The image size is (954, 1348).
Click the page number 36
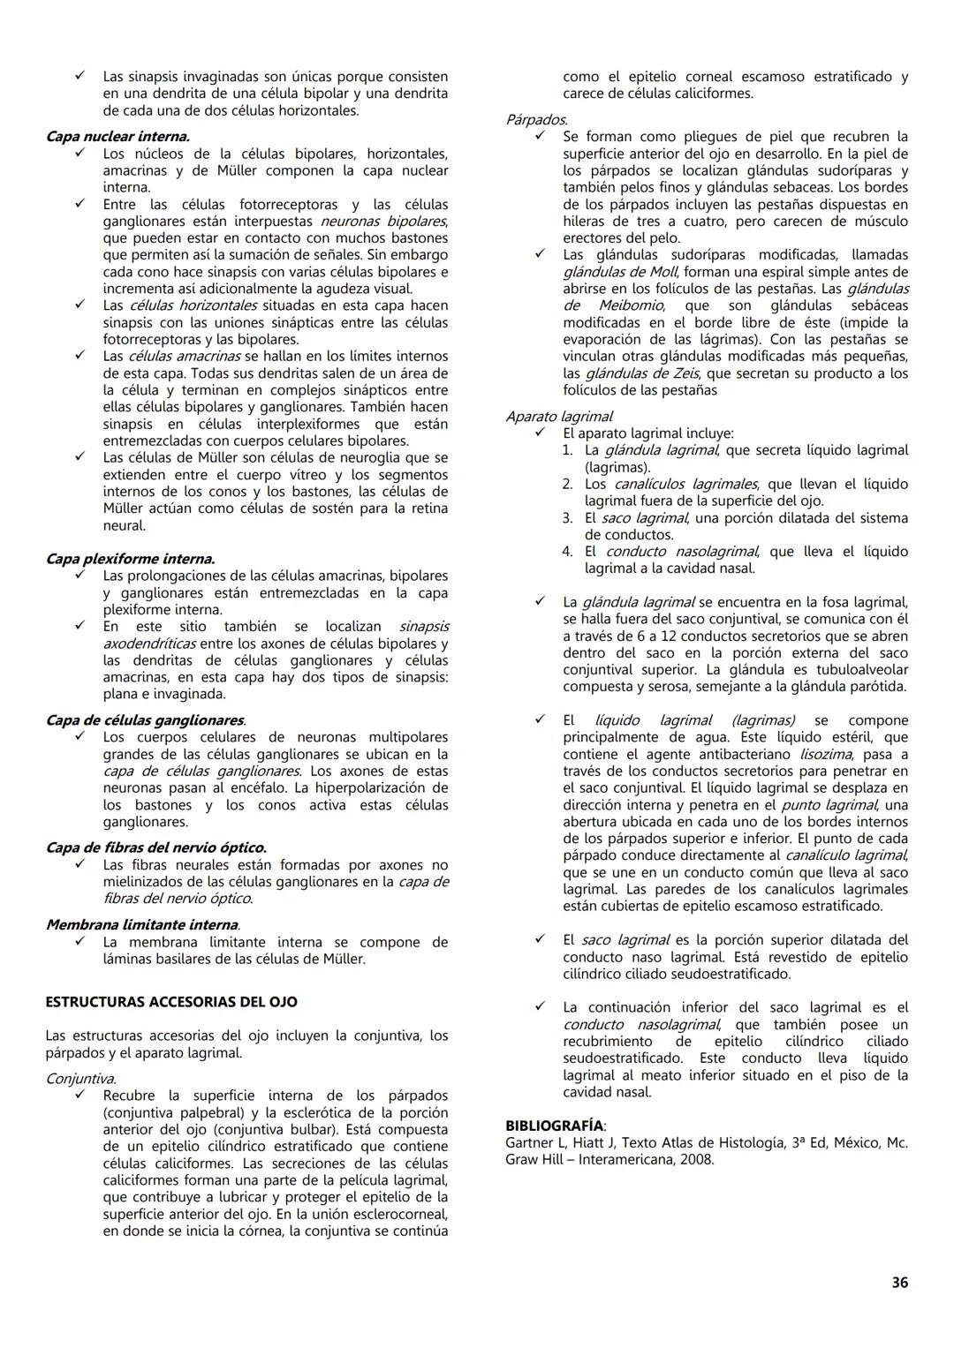[x=899, y=1283]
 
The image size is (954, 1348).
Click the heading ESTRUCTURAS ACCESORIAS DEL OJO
[x=171, y=1002]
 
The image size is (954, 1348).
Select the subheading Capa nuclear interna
[x=117, y=137]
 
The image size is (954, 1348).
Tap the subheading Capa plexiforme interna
[x=130, y=559]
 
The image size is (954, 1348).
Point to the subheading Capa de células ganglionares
[x=146, y=720]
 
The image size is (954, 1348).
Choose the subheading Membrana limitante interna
[x=142, y=925]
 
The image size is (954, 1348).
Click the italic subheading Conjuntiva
[x=80, y=1079]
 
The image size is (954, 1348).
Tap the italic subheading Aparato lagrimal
[x=558, y=417]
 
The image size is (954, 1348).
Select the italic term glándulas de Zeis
[x=644, y=373]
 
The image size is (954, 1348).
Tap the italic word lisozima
[x=826, y=754]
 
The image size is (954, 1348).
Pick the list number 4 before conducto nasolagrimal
[x=568, y=552]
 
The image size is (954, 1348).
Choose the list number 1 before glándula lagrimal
[x=568, y=450]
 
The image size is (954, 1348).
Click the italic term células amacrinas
[x=184, y=357]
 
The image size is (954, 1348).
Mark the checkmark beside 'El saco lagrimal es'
[x=540, y=940]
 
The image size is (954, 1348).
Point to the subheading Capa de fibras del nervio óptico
[x=155, y=848]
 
